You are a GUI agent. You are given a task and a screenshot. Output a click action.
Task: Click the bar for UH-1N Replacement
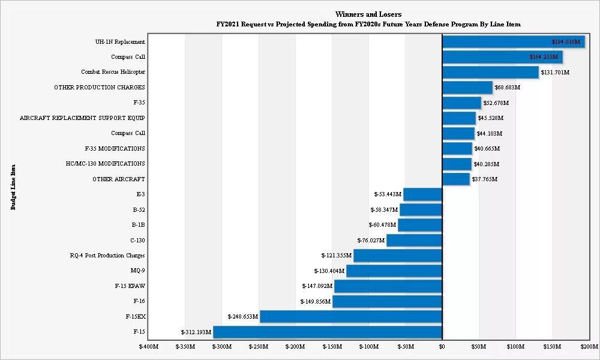[514, 42]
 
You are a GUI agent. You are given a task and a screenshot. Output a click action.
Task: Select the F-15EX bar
[351, 316]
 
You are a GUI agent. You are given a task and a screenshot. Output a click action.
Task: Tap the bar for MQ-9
[394, 271]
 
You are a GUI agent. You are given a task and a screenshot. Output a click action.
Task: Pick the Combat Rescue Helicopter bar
[490, 72]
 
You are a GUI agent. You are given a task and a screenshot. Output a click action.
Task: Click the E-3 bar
[422, 194]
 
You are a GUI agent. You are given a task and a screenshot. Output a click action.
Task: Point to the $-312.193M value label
[196, 332]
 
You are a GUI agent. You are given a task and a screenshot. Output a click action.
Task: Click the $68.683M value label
[507, 88]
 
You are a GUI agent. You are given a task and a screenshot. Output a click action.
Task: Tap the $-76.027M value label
[371, 241]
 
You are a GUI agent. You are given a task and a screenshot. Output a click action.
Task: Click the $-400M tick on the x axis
[148, 347]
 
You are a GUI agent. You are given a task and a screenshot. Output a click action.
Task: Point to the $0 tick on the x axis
[442, 347]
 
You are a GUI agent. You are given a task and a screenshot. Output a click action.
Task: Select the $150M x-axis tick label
[553, 347]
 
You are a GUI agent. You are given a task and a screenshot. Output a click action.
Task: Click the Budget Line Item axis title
[13, 187]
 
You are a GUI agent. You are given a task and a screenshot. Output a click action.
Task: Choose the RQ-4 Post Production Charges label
[107, 256]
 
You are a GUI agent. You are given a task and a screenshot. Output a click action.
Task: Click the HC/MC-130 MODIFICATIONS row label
[105, 163]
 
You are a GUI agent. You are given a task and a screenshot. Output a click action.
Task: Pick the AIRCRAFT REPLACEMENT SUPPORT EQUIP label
[82, 118]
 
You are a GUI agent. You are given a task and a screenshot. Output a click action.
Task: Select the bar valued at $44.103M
[458, 133]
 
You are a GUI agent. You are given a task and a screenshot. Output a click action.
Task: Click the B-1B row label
[138, 225]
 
